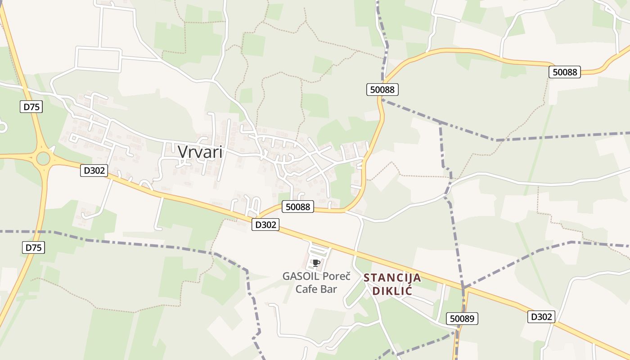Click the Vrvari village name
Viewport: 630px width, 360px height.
pos(200,152)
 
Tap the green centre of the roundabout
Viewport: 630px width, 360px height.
pos(43,158)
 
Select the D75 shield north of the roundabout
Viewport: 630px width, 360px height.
pos(31,107)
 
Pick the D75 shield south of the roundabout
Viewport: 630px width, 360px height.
pos(34,247)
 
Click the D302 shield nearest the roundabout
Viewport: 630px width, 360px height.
pos(94,170)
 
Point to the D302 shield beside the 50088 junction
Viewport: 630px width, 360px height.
pos(265,225)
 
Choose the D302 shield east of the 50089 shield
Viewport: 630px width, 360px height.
pos(541,316)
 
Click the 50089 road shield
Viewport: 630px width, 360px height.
pos(462,319)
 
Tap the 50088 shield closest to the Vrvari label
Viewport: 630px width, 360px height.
pos(298,207)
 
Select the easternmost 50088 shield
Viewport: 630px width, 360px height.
pos(565,72)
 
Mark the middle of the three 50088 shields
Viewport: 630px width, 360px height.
pos(382,90)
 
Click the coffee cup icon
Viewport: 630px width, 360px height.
pos(316,263)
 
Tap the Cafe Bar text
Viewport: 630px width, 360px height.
pos(316,289)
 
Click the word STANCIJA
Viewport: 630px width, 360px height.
pos(392,278)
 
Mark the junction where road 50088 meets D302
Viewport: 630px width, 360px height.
pos(257,218)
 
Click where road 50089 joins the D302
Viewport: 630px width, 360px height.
pos(465,288)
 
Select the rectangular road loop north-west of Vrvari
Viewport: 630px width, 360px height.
pos(99,59)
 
